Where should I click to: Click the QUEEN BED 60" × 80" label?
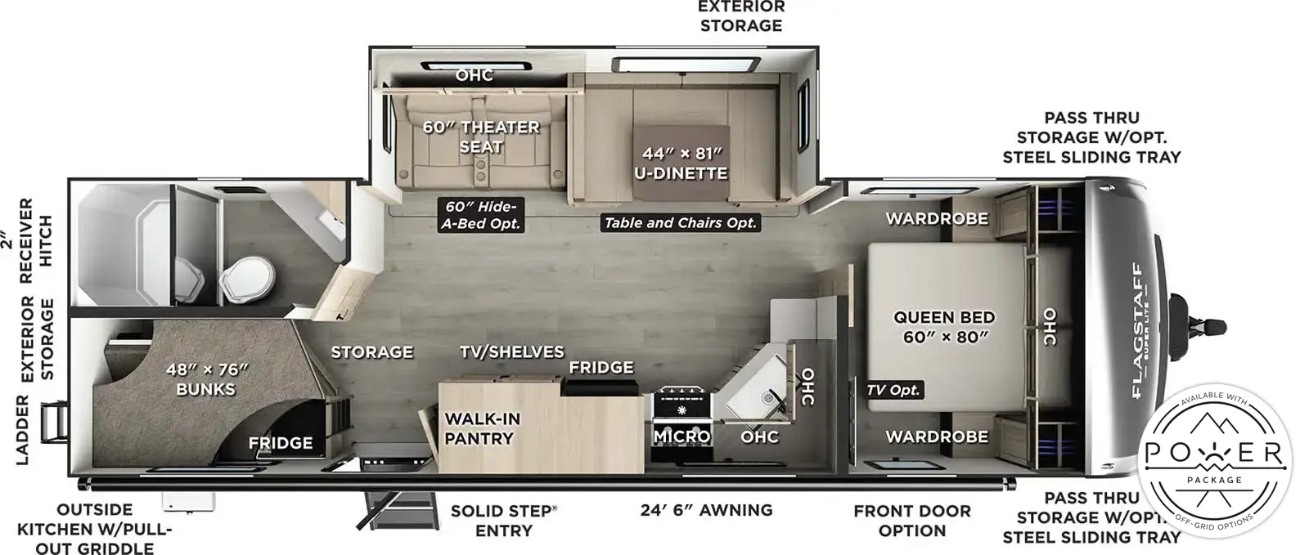943,326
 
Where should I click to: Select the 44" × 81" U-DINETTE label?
680,163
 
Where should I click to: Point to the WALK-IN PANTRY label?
481,428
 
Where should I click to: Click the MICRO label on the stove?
681,436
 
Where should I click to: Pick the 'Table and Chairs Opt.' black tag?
680,222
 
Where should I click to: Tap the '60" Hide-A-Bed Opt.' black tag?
480,214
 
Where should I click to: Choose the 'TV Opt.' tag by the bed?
893,390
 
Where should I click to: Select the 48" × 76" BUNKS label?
205,379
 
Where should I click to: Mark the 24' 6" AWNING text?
706,510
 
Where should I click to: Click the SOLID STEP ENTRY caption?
503,521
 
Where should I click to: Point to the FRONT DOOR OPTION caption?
911,521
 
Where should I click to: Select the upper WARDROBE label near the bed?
936,218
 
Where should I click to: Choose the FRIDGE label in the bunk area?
280,443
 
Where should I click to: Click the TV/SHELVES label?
511,352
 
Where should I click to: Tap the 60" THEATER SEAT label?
480,137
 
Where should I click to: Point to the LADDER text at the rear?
22,430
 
